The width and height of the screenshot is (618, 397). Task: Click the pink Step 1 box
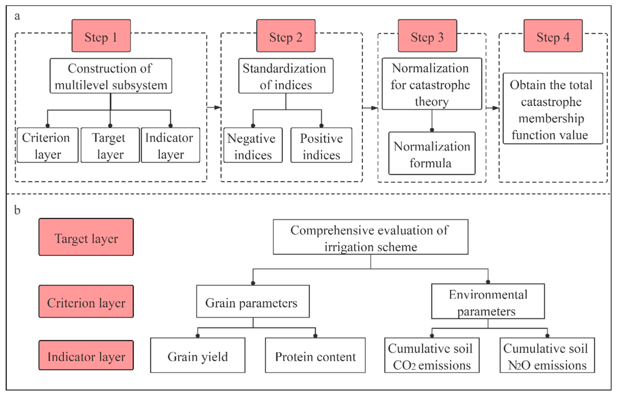pos(101,36)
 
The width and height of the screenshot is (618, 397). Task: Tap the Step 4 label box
pos(553,36)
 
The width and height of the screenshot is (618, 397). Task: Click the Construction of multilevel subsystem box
pos(111,76)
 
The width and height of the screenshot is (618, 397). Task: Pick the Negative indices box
pos(253,145)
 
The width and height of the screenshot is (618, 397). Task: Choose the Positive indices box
pos(321,145)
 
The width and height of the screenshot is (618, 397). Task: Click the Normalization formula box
pos(432,153)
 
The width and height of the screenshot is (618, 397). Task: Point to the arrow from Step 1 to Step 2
pos(214,107)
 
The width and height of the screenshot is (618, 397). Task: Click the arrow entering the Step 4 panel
pos(492,108)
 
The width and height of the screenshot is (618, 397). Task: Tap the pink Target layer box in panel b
pos(86,237)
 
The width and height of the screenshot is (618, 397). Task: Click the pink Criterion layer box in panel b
pos(86,301)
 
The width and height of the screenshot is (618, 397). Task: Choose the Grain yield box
pos(198,355)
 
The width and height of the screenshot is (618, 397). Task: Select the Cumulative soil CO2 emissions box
pos(432,355)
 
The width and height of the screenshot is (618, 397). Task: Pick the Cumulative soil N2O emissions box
pos(547,355)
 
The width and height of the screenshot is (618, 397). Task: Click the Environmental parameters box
pos(488,301)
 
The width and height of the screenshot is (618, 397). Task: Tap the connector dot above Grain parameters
pos(253,283)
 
